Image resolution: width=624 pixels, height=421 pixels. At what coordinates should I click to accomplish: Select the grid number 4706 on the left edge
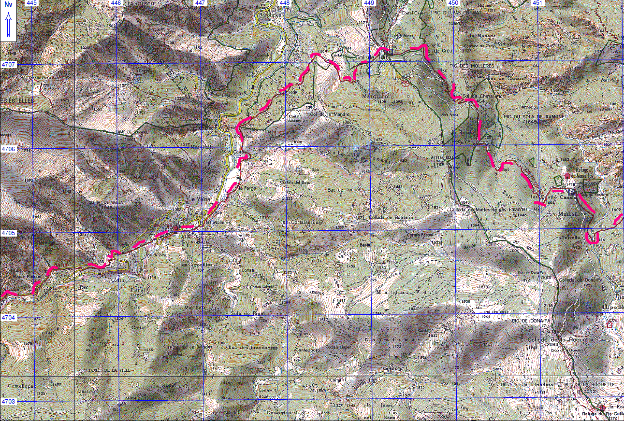click(8, 149)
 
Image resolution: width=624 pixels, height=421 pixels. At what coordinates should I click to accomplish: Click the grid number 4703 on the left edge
click(8, 402)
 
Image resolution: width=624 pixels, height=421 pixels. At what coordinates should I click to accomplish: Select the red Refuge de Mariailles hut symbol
click(568, 176)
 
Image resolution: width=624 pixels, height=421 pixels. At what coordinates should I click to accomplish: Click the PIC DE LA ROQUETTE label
click(586, 385)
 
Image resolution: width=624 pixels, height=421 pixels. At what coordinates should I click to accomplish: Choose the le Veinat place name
click(199, 200)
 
